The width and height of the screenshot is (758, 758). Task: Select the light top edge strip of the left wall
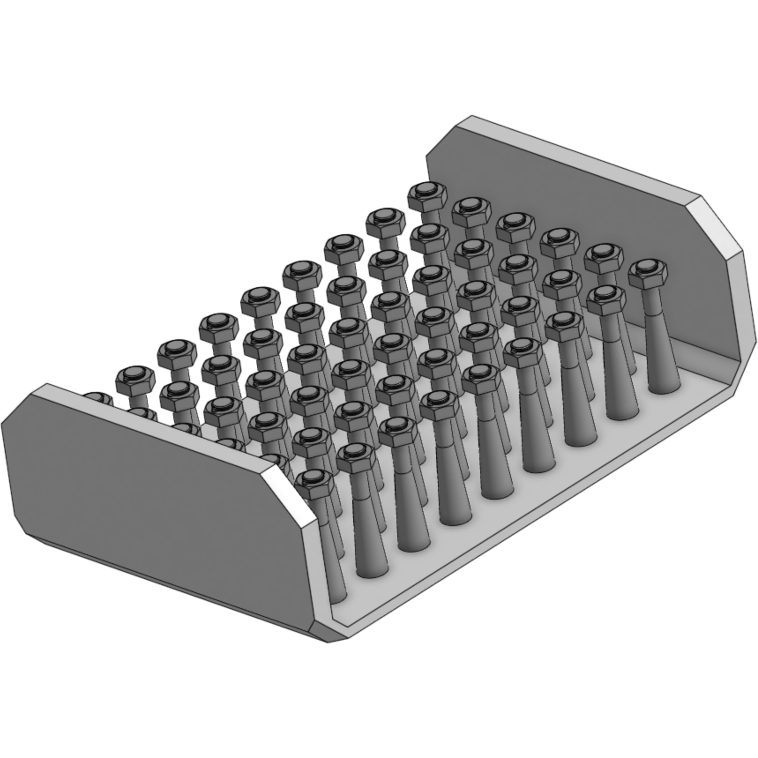(154, 426)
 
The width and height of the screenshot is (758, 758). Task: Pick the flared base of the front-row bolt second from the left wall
(371, 569)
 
